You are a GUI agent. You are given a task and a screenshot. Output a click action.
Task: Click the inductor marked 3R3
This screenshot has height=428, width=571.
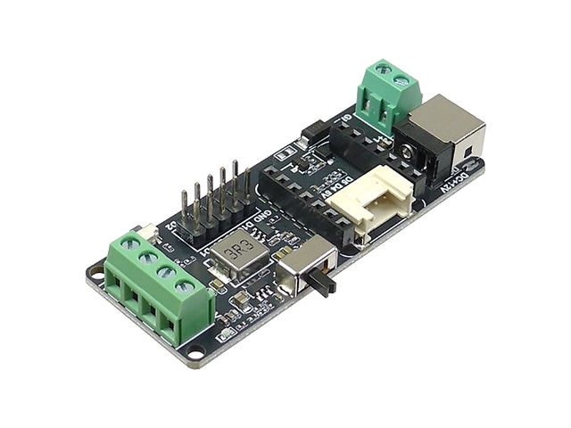pos(238,253)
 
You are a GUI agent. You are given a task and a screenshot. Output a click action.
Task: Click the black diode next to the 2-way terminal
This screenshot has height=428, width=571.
pos(313,131)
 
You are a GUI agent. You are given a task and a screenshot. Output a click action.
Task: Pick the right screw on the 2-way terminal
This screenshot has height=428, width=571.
pos(403,82)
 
